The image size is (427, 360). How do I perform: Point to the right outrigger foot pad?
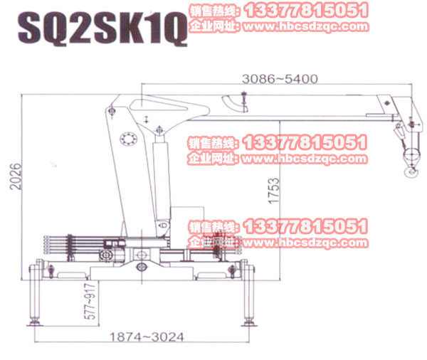point(248,324)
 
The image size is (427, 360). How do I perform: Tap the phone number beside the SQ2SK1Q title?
point(306,10)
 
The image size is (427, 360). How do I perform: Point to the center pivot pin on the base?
point(140,267)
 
